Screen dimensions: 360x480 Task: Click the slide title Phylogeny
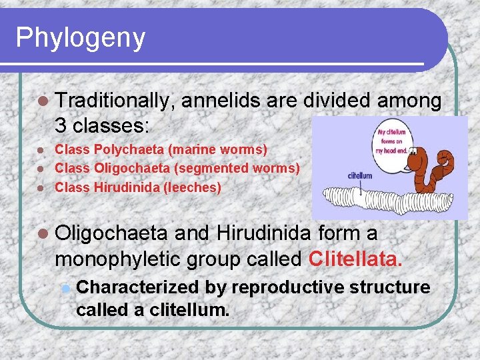pyautogui.click(x=80, y=38)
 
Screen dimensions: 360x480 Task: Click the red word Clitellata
pyautogui.click(x=357, y=258)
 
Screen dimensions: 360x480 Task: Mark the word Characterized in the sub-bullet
pyautogui.click(x=137, y=287)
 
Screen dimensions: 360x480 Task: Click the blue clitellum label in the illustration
pyautogui.click(x=359, y=175)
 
